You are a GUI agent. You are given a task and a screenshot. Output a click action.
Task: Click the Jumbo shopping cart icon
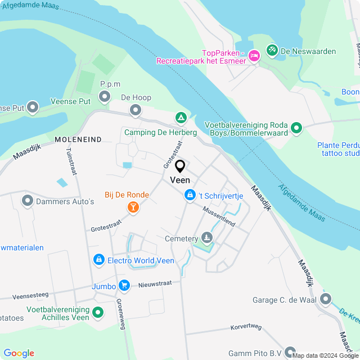pos(124,286)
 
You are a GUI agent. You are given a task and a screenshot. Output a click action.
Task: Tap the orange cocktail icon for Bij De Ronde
pos(133,208)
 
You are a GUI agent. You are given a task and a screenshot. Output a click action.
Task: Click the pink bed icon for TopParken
pos(254,55)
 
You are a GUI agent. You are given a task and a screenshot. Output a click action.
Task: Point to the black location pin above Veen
pos(181,166)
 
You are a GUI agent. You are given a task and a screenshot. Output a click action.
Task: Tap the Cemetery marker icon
pos(208,238)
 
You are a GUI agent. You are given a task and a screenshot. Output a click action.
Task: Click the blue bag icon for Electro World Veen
pos(99,260)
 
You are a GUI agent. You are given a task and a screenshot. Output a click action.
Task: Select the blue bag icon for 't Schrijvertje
pos(189,195)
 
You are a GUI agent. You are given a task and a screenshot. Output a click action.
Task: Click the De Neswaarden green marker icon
pos(272,51)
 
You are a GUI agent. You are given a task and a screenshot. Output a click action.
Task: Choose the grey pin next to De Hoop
pos(136,110)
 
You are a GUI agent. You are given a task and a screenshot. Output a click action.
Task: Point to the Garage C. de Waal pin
pos(325,299)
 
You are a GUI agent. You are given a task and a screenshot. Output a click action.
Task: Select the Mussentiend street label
pos(219,216)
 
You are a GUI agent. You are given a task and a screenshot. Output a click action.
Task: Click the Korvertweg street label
pos(246,327)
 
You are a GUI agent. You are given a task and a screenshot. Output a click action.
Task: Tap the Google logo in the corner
pos(19,353)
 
